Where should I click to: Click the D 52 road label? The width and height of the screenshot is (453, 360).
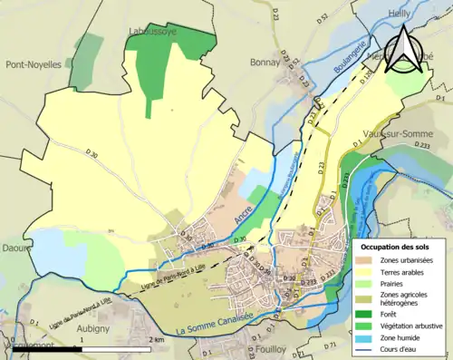(x=323, y=18)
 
